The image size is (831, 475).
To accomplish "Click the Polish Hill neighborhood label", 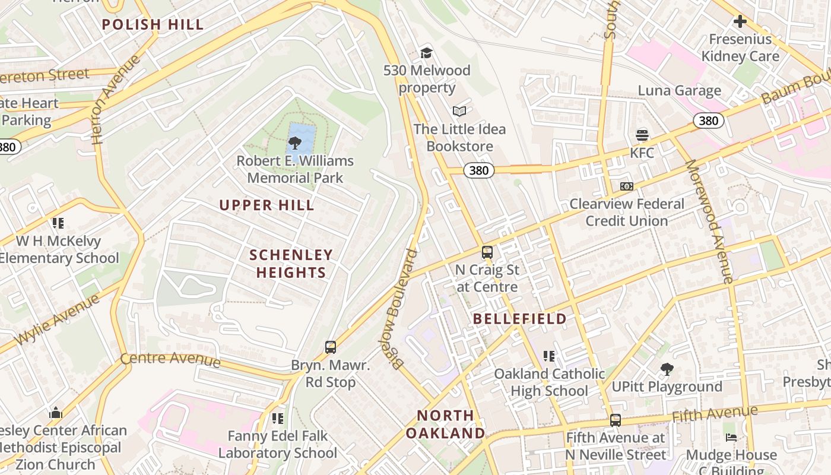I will click(153, 24).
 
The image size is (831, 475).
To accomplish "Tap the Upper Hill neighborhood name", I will click(267, 205).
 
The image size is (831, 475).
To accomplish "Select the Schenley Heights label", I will click(291, 264).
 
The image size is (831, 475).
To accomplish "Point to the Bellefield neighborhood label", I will click(519, 319).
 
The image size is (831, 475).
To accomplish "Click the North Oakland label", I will click(445, 424).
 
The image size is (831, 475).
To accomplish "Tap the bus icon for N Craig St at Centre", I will click(487, 252).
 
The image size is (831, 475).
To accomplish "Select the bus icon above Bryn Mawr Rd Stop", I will click(331, 347).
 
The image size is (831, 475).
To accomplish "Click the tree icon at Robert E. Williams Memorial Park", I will click(294, 143).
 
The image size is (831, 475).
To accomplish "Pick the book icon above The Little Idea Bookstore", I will click(459, 111).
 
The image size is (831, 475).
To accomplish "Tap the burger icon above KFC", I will click(642, 135).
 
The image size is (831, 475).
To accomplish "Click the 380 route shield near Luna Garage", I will click(708, 121).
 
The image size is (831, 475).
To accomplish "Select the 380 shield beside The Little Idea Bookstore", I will click(478, 170).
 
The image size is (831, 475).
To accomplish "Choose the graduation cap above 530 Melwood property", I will click(426, 53).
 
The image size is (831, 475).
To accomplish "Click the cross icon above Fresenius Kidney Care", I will click(740, 22).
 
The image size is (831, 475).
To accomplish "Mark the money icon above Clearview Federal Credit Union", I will click(626, 186).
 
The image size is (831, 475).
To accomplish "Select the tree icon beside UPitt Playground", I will click(667, 369).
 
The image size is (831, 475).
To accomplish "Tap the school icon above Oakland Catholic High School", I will click(549, 356).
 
